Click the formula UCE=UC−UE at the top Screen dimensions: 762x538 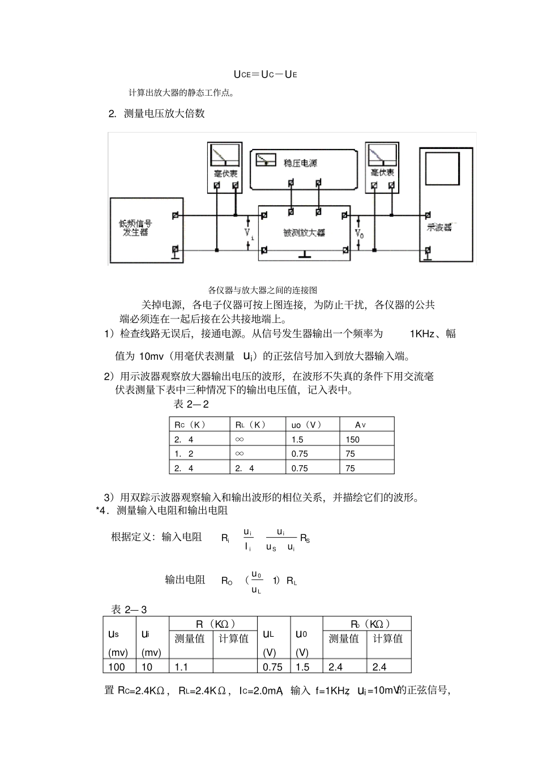pyautogui.click(x=265, y=74)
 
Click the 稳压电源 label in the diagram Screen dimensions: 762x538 pyautogui.click(x=300, y=163)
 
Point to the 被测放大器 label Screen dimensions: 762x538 pyautogui.click(x=304, y=233)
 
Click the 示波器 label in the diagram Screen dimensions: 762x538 pyautogui.click(x=439, y=228)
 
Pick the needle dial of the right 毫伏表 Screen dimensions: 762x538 pyautogui.click(x=382, y=155)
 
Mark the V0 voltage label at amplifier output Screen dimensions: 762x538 pyautogui.click(x=360, y=233)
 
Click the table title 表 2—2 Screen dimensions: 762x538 pyautogui.click(x=191, y=405)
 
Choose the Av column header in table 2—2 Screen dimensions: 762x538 pyautogui.click(x=360, y=424)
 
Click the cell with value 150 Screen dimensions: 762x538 pyautogui.click(x=352, y=440)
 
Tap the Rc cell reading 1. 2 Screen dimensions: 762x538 pyautogui.click(x=183, y=454)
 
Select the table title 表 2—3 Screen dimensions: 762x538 pyautogui.click(x=129, y=610)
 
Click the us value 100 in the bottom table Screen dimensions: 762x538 pyautogui.click(x=117, y=667)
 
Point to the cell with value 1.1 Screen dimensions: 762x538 pyautogui.click(x=181, y=667)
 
